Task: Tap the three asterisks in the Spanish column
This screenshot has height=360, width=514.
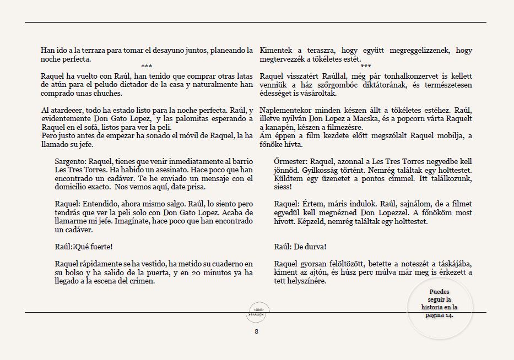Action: (x=147, y=67)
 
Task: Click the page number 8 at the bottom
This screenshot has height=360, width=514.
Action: (x=256, y=331)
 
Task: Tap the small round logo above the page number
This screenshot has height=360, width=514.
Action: (x=256, y=312)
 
